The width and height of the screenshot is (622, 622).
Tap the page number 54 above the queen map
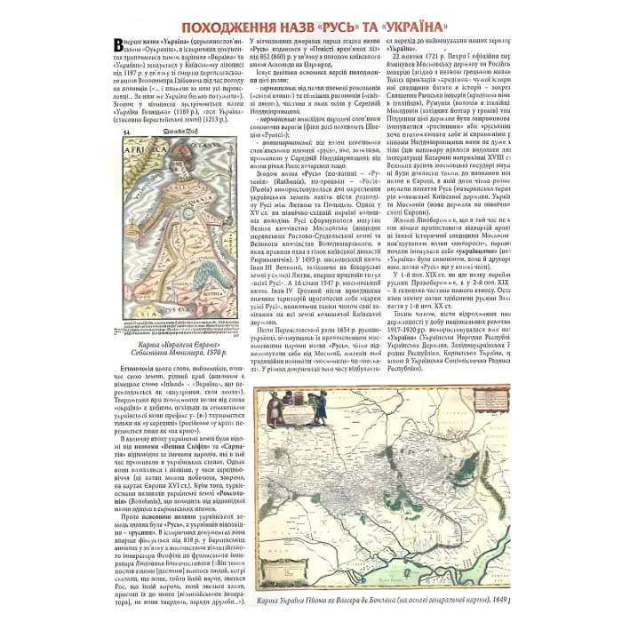coord(125,132)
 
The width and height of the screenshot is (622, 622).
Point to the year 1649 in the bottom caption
coord(499,602)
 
